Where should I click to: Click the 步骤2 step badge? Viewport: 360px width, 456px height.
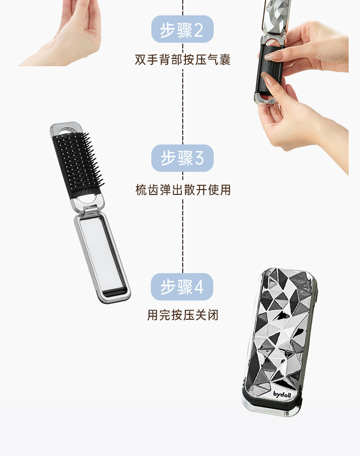182,29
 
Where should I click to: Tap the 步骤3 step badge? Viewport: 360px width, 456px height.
182,158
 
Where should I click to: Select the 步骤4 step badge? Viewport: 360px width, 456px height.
182,287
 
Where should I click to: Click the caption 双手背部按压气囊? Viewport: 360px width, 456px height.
182,60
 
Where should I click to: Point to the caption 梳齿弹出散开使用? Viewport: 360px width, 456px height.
183,190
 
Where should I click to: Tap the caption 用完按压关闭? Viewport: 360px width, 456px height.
182,315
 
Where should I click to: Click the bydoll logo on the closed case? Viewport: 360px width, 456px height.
282,395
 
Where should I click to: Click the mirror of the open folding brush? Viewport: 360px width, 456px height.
102,252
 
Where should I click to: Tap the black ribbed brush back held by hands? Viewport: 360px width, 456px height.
269,70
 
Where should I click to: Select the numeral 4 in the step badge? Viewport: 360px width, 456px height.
199,287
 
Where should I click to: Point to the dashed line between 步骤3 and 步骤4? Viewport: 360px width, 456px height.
182,222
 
